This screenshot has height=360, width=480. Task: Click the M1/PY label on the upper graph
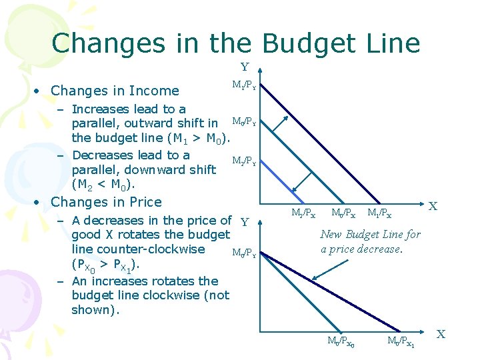pos(243,85)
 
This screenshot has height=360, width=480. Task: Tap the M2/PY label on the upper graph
pos(243,161)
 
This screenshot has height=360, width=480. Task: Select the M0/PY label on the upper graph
pos(243,121)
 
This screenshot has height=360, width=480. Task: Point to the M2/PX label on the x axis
pos(303,213)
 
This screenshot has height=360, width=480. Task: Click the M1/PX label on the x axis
pos(379,213)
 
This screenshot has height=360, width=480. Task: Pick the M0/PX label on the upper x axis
pos(343,213)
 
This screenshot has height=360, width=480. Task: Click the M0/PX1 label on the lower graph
pos(402,342)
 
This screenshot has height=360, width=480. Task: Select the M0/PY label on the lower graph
pos(243,253)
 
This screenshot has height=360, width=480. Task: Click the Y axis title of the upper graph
pos(245,67)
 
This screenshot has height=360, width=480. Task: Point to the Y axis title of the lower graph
pos(245,222)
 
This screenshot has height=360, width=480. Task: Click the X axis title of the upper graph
pos(433,206)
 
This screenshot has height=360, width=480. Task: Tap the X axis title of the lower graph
pos(441,333)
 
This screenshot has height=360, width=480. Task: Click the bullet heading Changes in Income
pos(115,91)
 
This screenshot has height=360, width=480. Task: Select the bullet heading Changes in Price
pos(106,202)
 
